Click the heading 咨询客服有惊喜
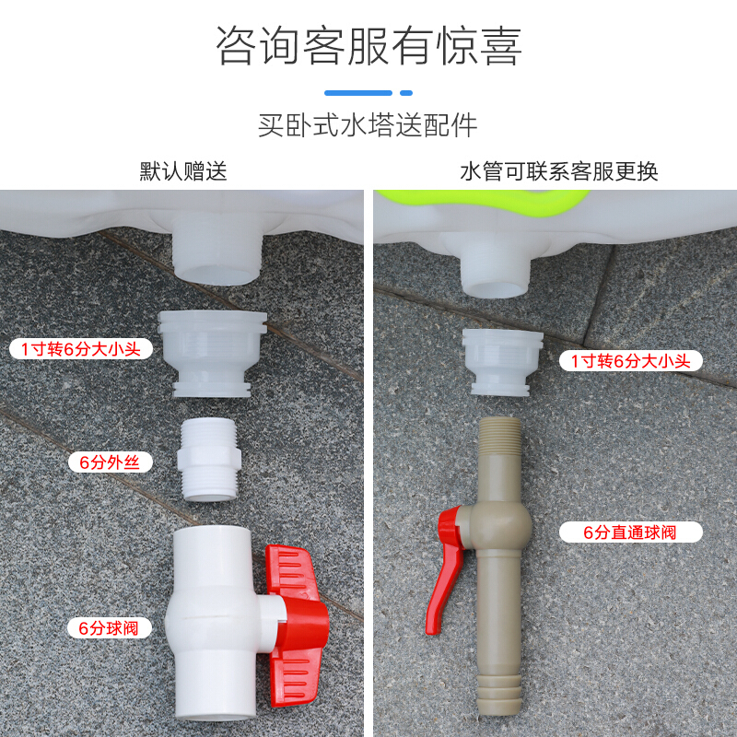click(x=368, y=45)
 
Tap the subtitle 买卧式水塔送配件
click(x=368, y=125)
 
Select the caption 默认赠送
click(x=183, y=171)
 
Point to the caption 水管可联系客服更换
click(x=559, y=171)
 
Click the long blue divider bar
click(x=358, y=93)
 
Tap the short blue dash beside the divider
click(x=406, y=93)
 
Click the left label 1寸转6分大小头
click(x=81, y=349)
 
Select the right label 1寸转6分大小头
click(x=631, y=361)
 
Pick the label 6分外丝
click(x=110, y=462)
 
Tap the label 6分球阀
click(x=109, y=628)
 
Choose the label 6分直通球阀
click(x=631, y=532)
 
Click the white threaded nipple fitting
click(x=209, y=459)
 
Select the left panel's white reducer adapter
click(x=212, y=354)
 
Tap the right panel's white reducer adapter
click(x=502, y=362)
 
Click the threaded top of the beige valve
click(x=500, y=436)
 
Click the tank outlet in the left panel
click(x=217, y=250)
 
